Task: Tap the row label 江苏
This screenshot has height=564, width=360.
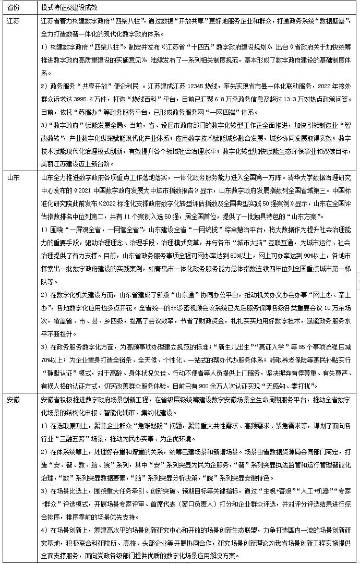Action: (x=14, y=21)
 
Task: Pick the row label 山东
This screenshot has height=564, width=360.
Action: (x=14, y=178)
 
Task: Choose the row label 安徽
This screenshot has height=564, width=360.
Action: (x=14, y=399)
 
